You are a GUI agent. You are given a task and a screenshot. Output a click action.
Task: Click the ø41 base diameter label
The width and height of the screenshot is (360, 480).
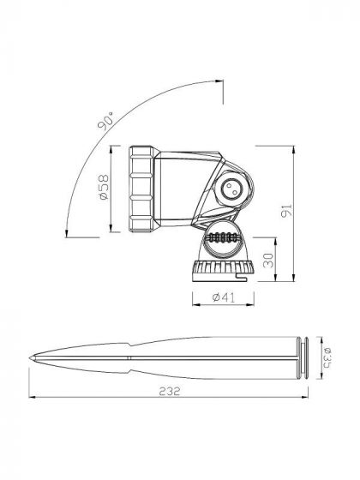220,298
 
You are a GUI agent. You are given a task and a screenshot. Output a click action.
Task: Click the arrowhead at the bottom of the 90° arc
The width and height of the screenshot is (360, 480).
67,230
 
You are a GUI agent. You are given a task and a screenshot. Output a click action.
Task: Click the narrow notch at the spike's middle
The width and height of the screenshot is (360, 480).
133,358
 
